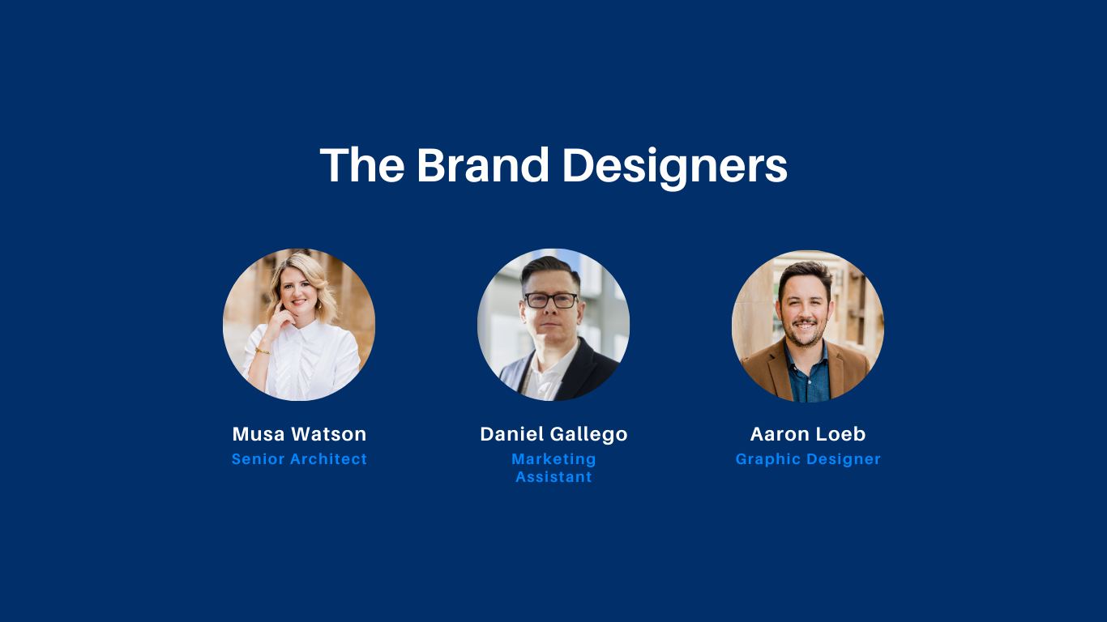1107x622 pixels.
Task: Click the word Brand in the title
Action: (482, 164)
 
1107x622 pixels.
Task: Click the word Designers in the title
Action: (674, 167)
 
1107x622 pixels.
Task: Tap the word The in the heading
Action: (362, 164)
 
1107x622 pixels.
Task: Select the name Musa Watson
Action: (300, 434)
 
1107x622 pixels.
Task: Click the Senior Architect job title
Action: (300, 459)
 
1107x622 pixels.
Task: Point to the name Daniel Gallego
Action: (553, 435)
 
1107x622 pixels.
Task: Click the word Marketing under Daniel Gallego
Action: (553, 460)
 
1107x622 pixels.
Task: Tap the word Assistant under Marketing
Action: (553, 477)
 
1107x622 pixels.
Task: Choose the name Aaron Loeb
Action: (808, 434)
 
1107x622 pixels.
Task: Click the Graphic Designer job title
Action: (808, 460)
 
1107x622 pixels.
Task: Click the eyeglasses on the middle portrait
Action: (550, 300)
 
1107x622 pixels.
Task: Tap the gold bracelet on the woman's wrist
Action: (263, 351)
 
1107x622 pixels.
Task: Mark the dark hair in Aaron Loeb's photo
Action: (806, 275)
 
